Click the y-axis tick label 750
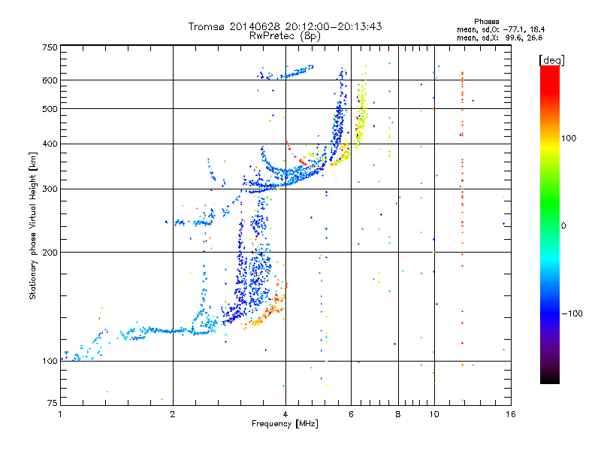[x=50, y=47]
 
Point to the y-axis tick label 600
[x=50, y=80]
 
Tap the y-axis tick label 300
[x=50, y=189]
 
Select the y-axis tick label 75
[x=52, y=403]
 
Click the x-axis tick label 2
[x=173, y=414]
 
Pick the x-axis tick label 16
[x=510, y=414]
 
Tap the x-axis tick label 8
[x=398, y=414]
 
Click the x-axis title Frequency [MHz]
[x=285, y=424]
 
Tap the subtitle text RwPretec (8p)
[x=285, y=36]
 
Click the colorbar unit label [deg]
[x=551, y=61]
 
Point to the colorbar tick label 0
[x=563, y=226]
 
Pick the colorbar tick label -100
[x=572, y=313]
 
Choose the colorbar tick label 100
[x=569, y=138]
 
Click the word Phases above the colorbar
[x=486, y=22]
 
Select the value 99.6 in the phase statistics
[x=515, y=38]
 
